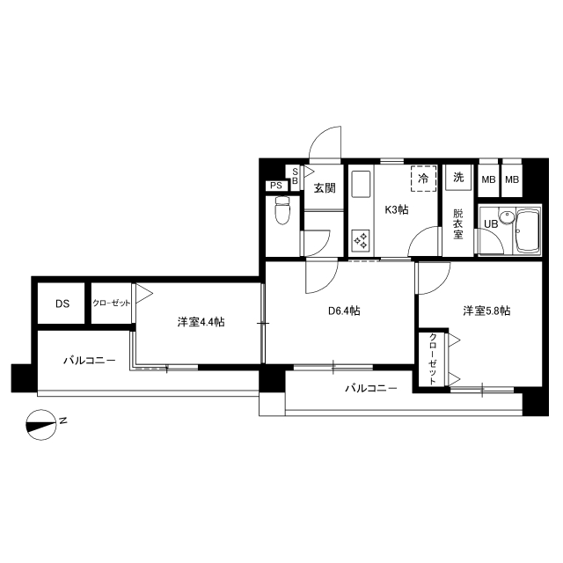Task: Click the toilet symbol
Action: pyautogui.click(x=282, y=210)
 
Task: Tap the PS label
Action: pyautogui.click(x=276, y=186)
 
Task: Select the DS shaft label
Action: pyautogui.click(x=62, y=303)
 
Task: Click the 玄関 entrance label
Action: pyautogui.click(x=325, y=187)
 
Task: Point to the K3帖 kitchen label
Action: pyautogui.click(x=397, y=209)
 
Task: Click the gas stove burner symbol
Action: pyautogui.click(x=361, y=240)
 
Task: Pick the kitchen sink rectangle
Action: pyautogui.click(x=361, y=184)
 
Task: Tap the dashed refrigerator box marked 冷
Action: pyautogui.click(x=424, y=179)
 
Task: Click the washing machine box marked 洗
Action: pyautogui.click(x=458, y=177)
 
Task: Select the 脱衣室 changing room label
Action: pyautogui.click(x=457, y=224)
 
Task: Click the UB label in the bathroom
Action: pyautogui.click(x=491, y=223)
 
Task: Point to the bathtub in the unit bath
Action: pyautogui.click(x=528, y=230)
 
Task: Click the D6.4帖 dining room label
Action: pyautogui.click(x=344, y=311)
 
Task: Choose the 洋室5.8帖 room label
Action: pyautogui.click(x=486, y=311)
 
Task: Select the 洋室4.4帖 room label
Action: pyautogui.click(x=201, y=322)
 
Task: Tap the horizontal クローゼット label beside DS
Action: pyautogui.click(x=111, y=303)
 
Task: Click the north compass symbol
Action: pyautogui.click(x=41, y=425)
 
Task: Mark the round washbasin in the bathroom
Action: pyautogui.click(x=507, y=218)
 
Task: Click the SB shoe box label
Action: pyautogui.click(x=295, y=177)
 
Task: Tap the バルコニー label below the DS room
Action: pyautogui.click(x=90, y=360)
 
